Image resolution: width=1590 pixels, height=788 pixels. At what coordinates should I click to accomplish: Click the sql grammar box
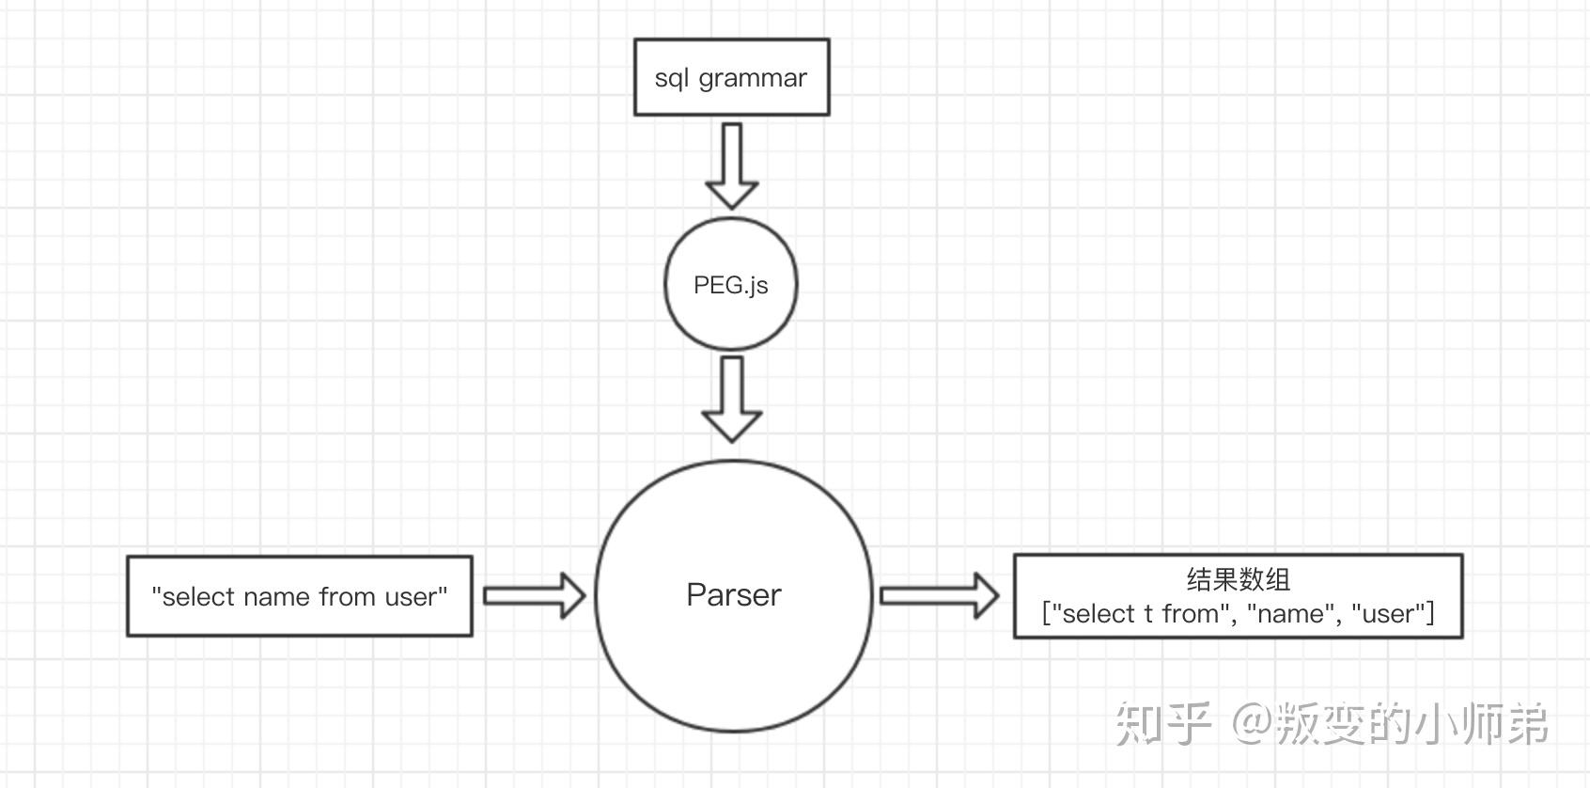coord(731,77)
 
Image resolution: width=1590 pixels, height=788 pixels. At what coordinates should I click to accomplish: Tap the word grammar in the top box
coord(753,78)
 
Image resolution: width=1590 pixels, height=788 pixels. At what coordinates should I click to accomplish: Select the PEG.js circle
coord(730,284)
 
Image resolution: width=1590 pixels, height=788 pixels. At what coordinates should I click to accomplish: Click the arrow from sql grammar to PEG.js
coord(731,165)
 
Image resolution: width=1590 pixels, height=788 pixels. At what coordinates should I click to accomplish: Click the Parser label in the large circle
coord(733,594)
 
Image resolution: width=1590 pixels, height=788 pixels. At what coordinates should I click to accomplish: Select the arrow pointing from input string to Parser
coord(534,595)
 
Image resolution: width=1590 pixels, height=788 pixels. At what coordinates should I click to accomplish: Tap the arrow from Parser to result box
coord(939,595)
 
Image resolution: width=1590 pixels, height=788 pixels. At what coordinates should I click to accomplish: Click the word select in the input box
coord(198,597)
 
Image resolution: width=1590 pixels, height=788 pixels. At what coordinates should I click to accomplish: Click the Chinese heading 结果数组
coord(1238,579)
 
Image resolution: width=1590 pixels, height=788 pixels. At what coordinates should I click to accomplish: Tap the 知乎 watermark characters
coord(1162,723)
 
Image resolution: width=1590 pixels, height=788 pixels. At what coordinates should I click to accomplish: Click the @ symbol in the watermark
coord(1251,723)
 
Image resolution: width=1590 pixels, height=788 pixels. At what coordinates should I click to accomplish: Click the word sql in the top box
coord(671,78)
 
